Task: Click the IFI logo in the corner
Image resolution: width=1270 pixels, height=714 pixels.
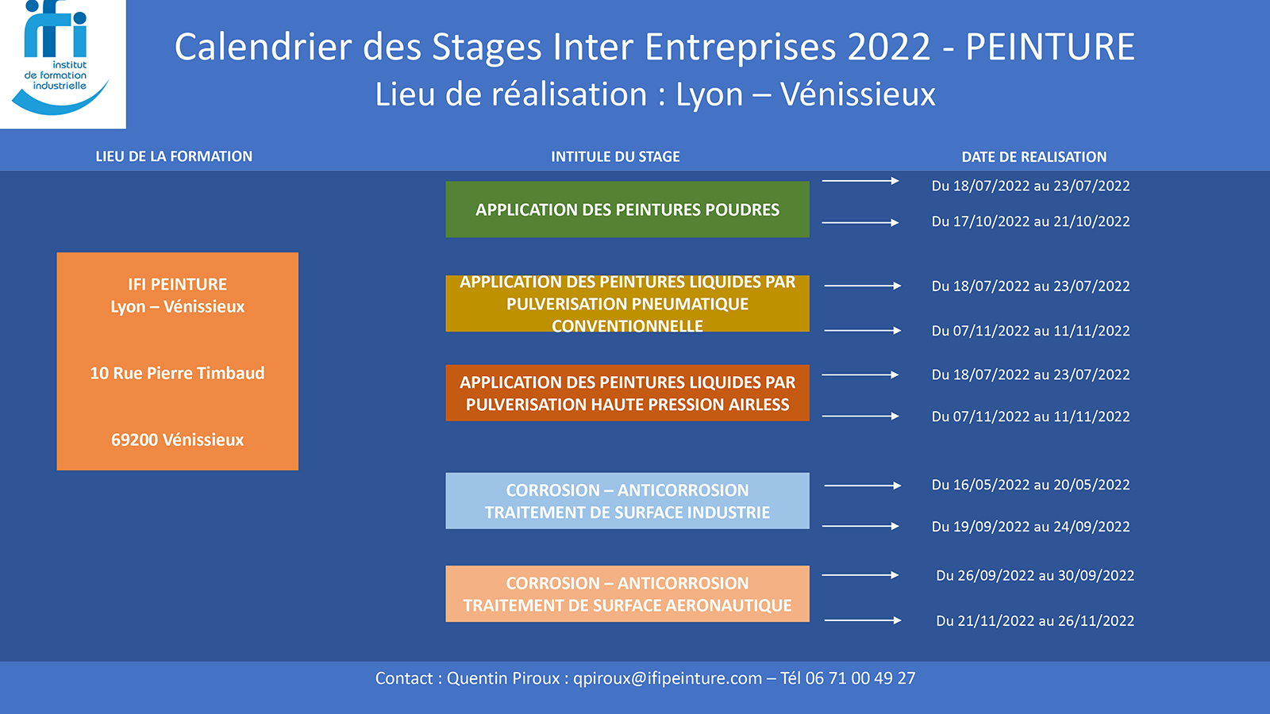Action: [63, 63]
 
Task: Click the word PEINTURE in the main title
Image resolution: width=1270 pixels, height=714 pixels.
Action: [1050, 47]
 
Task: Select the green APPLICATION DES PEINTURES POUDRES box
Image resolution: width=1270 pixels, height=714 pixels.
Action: [627, 209]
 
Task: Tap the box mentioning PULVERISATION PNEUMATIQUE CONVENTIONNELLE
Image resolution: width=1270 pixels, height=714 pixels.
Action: [627, 303]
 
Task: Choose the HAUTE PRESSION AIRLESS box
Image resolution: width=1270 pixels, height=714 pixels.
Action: [627, 393]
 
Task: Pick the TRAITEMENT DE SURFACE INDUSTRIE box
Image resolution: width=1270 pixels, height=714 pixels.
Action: [627, 501]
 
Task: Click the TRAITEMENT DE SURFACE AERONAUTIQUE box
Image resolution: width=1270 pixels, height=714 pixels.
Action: [627, 594]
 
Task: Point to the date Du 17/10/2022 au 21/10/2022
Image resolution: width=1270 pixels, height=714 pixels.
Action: [1031, 221]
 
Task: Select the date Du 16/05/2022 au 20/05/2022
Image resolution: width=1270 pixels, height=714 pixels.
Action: [1031, 485]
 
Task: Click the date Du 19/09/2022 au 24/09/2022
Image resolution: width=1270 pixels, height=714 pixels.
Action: [1031, 527]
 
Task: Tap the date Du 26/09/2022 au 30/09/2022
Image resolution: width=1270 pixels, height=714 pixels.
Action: [1035, 576]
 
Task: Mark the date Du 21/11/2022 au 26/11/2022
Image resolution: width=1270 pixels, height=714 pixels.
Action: [1035, 621]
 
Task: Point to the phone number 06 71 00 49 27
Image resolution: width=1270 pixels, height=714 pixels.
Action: [860, 678]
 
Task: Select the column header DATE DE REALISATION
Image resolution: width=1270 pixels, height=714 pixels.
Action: [1034, 157]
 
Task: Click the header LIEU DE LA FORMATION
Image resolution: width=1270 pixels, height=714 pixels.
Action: [174, 156]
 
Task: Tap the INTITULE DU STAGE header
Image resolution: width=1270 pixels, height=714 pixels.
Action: [616, 157]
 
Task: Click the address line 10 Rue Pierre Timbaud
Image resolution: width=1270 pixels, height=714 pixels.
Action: [178, 373]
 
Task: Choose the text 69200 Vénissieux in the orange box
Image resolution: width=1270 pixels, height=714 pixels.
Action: [178, 440]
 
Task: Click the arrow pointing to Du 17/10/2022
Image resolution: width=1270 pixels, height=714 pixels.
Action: [860, 223]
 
